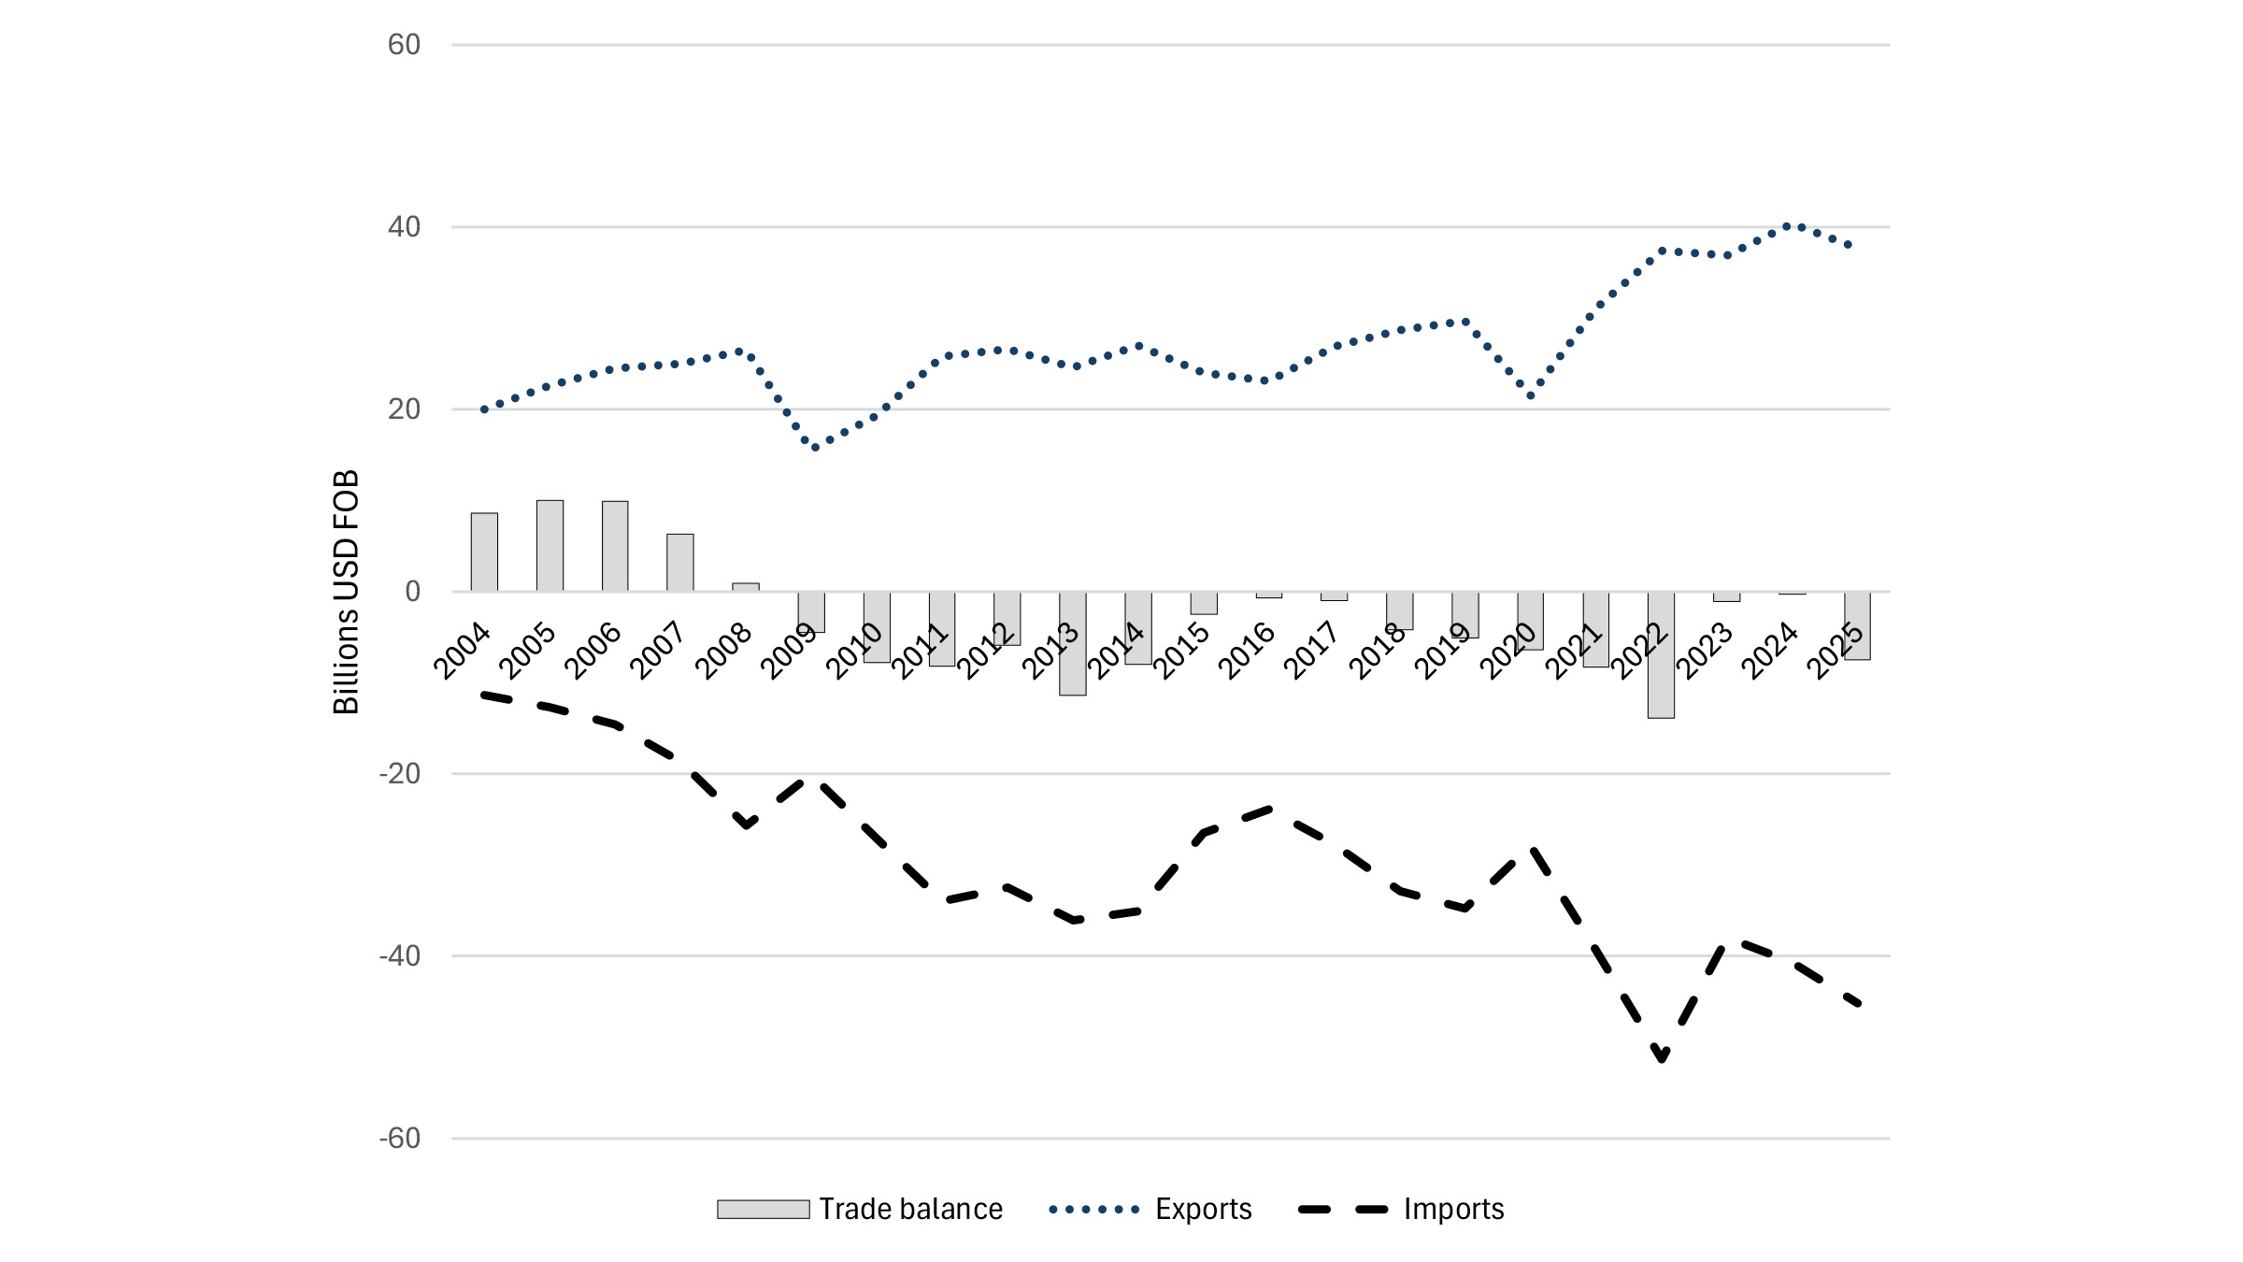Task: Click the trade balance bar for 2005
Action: point(550,546)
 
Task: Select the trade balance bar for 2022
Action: point(1661,654)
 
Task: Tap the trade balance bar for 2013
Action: point(1073,643)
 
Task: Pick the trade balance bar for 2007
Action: point(680,563)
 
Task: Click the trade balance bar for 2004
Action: point(484,552)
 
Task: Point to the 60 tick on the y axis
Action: point(404,45)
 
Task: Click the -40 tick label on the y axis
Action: point(400,956)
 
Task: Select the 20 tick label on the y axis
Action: point(404,409)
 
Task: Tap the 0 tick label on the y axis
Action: point(412,592)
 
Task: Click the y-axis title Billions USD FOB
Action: point(347,592)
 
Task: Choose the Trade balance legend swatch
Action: point(763,1210)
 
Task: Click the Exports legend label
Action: point(1203,1210)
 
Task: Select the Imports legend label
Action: point(1453,1210)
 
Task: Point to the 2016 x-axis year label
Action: point(1247,651)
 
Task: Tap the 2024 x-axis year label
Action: point(1769,651)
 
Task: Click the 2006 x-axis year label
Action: point(593,651)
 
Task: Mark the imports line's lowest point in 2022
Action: point(1661,1058)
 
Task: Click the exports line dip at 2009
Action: point(815,448)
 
